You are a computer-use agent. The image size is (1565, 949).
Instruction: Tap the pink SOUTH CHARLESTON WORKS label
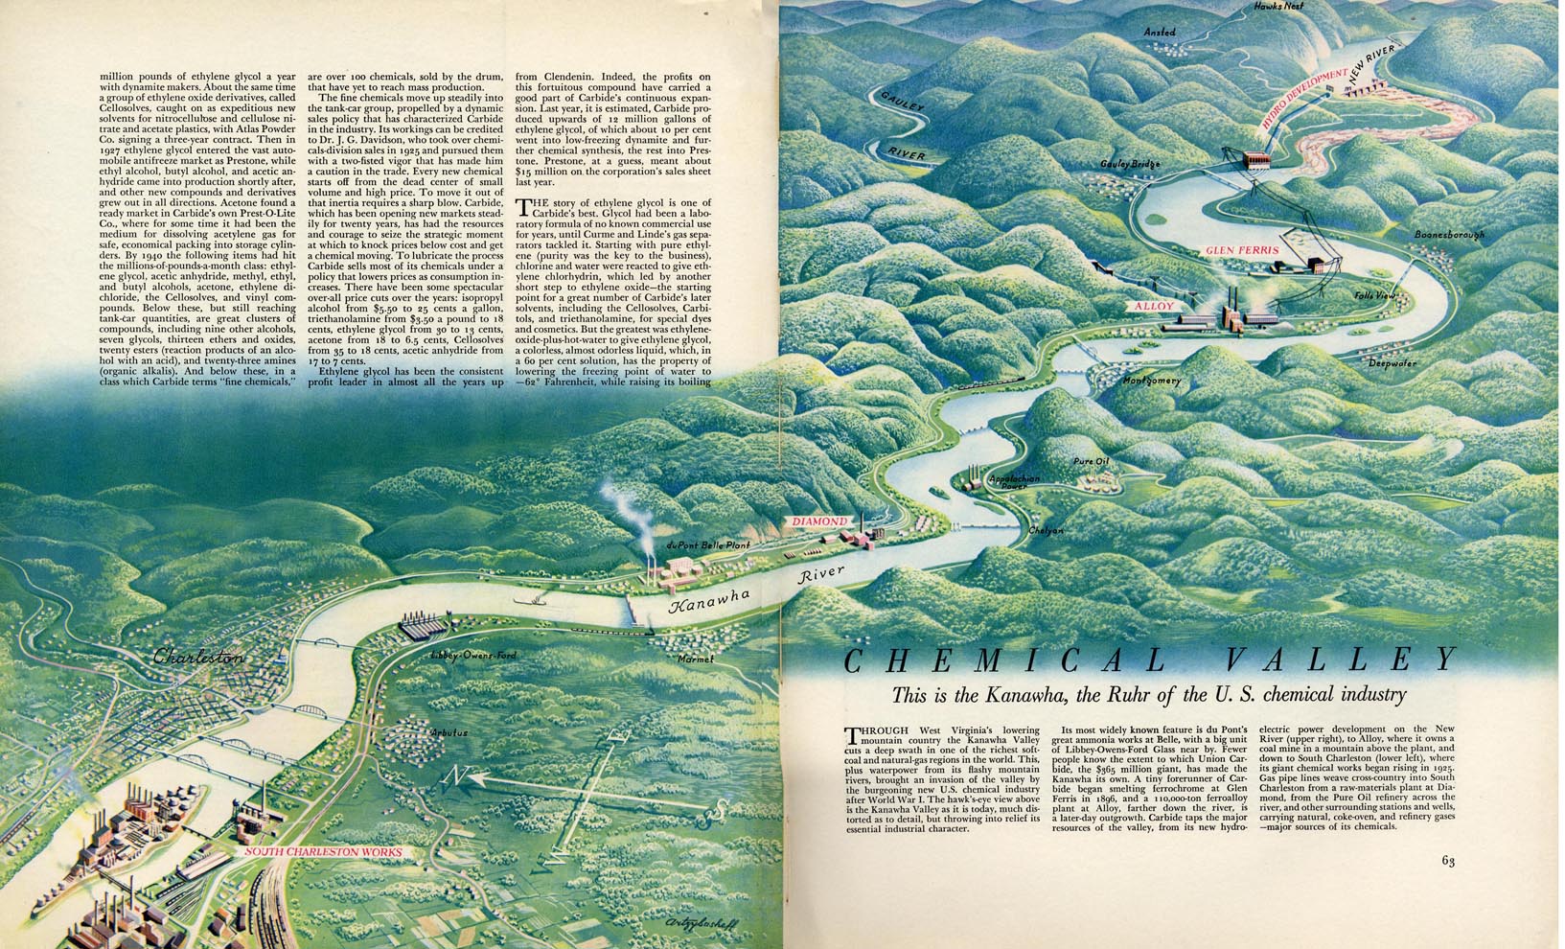point(323,851)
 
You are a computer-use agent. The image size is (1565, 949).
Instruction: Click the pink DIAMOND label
point(819,521)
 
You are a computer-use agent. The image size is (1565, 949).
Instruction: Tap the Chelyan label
point(1046,530)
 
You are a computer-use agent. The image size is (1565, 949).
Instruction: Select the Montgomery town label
point(1151,381)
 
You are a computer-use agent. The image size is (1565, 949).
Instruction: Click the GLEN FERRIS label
point(1243,251)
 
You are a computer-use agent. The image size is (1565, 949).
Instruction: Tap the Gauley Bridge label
point(1131,164)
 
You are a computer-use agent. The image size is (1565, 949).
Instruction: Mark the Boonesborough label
point(1449,235)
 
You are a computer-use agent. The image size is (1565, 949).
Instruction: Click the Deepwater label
point(1392,363)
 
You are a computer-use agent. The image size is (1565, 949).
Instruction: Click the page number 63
point(1447,887)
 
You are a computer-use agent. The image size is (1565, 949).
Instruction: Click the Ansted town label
point(1159,33)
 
